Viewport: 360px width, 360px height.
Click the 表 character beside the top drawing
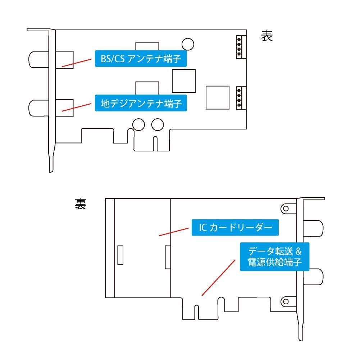(267, 36)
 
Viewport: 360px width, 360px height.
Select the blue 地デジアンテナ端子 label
(141, 104)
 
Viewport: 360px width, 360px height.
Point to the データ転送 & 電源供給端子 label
(275, 256)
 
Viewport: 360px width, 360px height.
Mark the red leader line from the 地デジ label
(76, 107)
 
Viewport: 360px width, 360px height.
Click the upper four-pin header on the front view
(239, 46)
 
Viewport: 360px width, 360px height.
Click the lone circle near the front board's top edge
(188, 44)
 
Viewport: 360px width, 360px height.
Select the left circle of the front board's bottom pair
(139, 124)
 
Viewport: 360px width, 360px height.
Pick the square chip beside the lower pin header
(217, 97)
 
